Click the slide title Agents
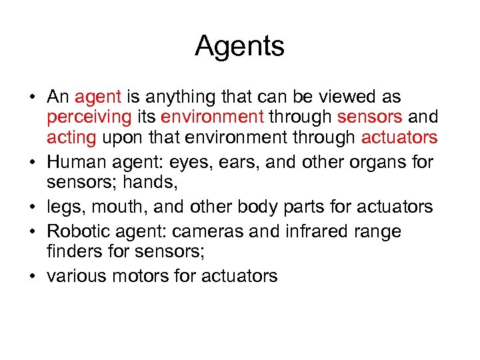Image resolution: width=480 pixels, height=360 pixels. (240, 47)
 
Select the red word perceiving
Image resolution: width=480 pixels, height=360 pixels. (89, 118)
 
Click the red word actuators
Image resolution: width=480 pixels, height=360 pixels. (399, 138)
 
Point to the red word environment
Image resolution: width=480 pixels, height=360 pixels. (213, 117)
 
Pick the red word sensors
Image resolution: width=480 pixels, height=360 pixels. (370, 117)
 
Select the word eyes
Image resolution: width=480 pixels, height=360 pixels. (209, 162)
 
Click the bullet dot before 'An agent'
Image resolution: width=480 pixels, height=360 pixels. (32, 98)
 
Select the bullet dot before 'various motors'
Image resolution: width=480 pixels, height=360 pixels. (32, 277)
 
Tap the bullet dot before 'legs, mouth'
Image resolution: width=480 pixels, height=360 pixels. (32, 207)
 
